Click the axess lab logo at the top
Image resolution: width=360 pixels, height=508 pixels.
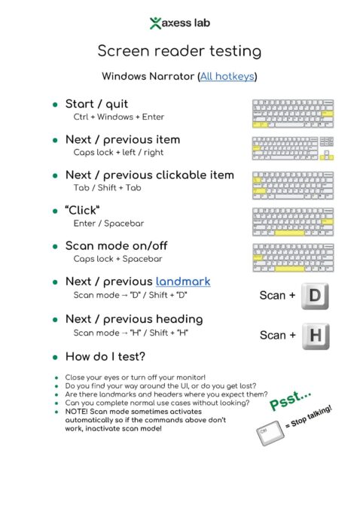click(x=179, y=23)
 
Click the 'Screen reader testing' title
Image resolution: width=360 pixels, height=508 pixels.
click(x=179, y=51)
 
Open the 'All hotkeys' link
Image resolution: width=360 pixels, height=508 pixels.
click(x=227, y=76)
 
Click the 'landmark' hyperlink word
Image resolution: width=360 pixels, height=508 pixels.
click(x=183, y=281)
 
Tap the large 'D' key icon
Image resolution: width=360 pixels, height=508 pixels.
click(x=315, y=295)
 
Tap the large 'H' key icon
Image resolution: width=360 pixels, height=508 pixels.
click(x=315, y=335)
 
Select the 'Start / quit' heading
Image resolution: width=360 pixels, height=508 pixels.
click(x=96, y=104)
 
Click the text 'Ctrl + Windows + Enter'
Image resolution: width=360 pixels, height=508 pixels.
click(x=118, y=117)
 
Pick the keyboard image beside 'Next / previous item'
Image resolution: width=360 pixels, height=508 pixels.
click(x=293, y=148)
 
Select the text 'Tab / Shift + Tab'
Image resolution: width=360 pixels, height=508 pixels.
click(x=107, y=187)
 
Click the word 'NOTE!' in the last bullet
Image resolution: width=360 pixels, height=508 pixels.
click(x=78, y=412)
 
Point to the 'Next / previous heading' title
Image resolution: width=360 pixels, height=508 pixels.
click(x=134, y=318)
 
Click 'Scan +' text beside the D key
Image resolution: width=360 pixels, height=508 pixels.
click(x=277, y=296)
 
